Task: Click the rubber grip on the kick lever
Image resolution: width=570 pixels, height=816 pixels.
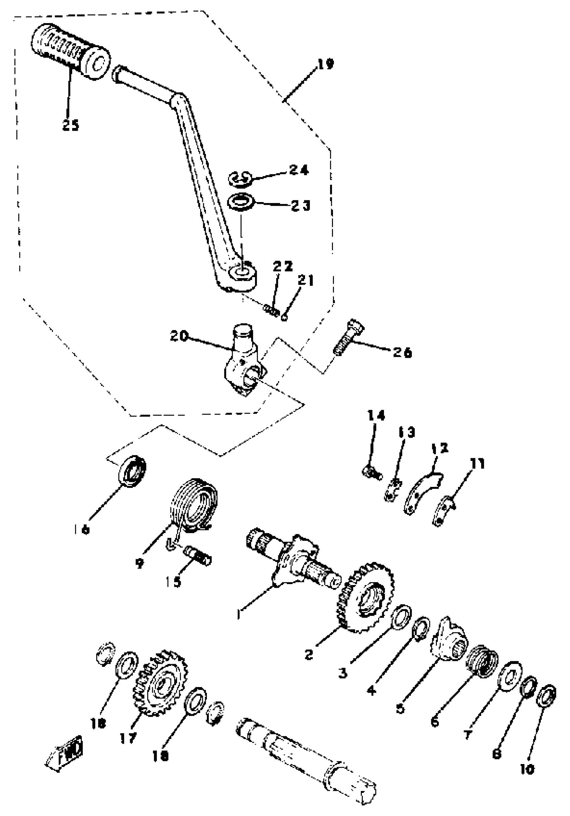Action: click(x=69, y=50)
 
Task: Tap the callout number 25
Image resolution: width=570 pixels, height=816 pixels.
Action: click(x=70, y=125)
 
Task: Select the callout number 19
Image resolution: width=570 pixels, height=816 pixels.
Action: click(x=326, y=64)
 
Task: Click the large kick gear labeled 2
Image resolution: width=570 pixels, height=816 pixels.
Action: click(x=365, y=597)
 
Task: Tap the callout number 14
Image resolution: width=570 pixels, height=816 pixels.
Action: click(x=376, y=415)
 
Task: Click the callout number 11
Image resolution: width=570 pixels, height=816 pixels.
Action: click(x=477, y=464)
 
